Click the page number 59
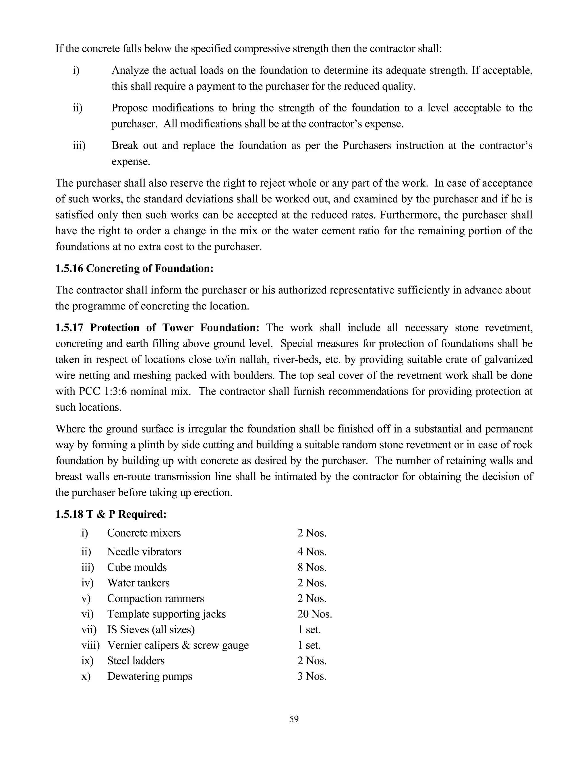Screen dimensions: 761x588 294,719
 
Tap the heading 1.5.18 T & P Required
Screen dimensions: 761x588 111,514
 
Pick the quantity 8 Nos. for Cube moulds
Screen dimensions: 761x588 312,567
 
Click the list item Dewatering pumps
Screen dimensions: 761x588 149,676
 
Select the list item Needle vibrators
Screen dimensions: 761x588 144,552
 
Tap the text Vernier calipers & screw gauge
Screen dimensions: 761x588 178,645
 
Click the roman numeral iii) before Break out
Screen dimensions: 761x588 79,145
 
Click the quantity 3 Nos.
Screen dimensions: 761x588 312,676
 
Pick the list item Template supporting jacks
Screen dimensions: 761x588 166,614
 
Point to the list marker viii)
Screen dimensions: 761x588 90,645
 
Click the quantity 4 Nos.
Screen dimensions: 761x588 312,552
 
